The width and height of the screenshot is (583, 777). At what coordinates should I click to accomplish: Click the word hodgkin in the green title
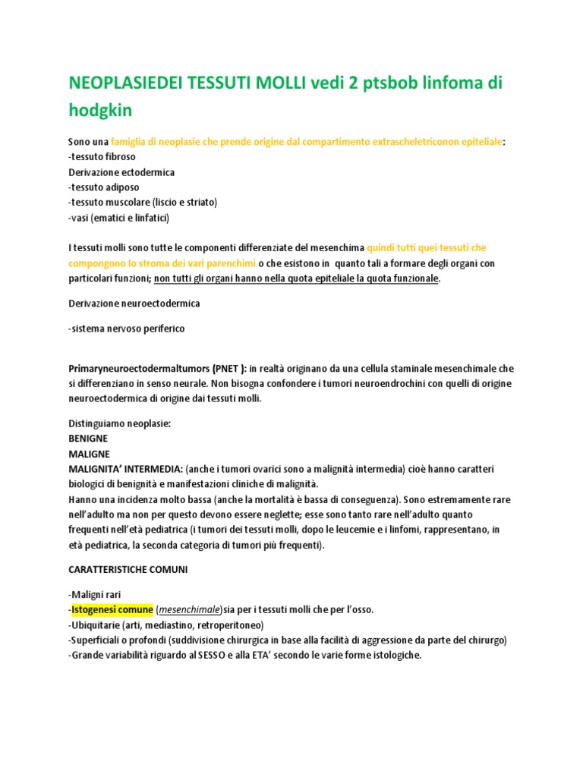100,111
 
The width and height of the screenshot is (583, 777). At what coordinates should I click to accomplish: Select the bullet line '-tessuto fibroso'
102,156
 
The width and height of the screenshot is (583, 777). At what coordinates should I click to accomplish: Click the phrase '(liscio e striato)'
184,203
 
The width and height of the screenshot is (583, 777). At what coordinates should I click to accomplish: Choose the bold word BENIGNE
88,439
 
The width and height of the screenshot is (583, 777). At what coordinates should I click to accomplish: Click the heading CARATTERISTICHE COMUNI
128,569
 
